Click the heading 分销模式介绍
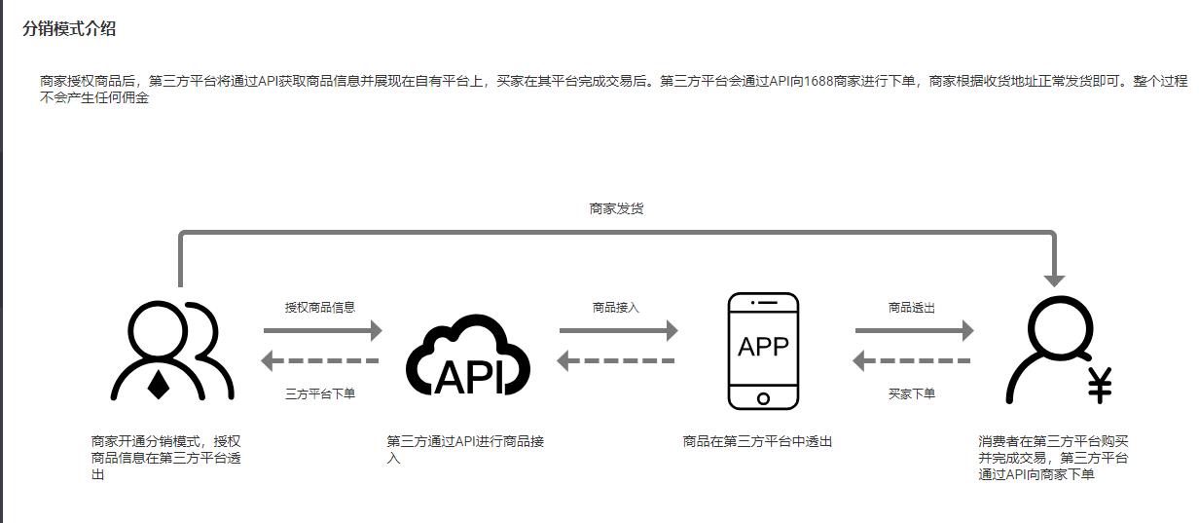click(x=69, y=29)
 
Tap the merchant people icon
click(x=172, y=352)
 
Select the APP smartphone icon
click(x=763, y=351)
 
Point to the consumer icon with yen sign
click(x=1057, y=351)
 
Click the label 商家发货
click(x=616, y=208)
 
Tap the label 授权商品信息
click(x=320, y=307)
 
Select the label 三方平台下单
click(x=320, y=394)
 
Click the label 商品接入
click(x=616, y=307)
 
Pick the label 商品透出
click(x=912, y=307)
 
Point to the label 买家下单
click(x=912, y=394)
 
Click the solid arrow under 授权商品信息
click(x=322, y=331)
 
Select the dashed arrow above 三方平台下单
click(x=320, y=362)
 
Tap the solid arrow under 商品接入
click(x=618, y=331)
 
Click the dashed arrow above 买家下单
click(x=912, y=362)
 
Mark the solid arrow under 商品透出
click(x=914, y=331)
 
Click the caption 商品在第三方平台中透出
click(x=757, y=441)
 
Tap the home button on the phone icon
click(x=763, y=398)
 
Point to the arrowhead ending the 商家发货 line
click(x=1055, y=279)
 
